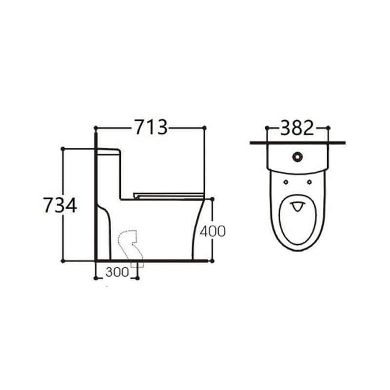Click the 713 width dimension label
pos(151,127)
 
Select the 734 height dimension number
pos(60,205)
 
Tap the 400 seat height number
pos(213,231)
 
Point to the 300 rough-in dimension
pos(117,272)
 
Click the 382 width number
pos(297,128)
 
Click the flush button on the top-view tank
pos(297,156)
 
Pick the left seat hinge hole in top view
pos(286,182)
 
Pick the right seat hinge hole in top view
pos(310,182)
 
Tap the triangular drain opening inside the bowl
pos(297,206)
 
